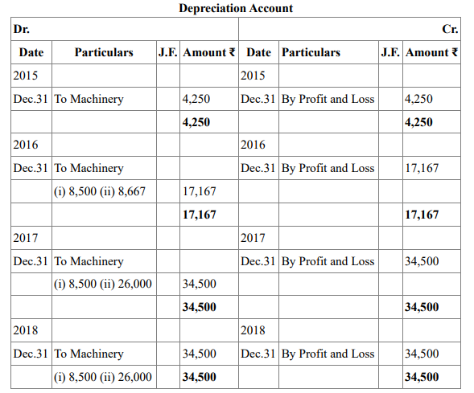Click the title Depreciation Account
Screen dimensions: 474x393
(x=236, y=8)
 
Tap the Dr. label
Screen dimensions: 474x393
(x=22, y=29)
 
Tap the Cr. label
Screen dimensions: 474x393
(x=450, y=29)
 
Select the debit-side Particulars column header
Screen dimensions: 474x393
(x=104, y=52)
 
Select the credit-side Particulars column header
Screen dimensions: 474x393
(x=311, y=52)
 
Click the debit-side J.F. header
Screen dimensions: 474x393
(x=167, y=52)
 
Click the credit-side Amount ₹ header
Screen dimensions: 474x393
(x=431, y=52)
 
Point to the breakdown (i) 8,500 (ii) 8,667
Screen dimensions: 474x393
(x=100, y=191)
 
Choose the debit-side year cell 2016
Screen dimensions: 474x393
(x=26, y=145)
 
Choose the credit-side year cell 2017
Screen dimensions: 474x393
(x=253, y=238)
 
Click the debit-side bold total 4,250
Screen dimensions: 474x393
(x=196, y=122)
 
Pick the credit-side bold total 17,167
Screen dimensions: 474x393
(x=422, y=215)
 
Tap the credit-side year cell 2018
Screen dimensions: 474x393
(x=253, y=330)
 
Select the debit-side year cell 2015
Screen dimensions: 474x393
(x=26, y=76)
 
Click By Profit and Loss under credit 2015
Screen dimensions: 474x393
(x=328, y=99)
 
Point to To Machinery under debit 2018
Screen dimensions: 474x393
(x=89, y=354)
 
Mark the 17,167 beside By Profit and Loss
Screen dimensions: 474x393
(x=422, y=168)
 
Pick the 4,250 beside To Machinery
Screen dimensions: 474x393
(x=196, y=99)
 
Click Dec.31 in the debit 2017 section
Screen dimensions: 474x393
(x=31, y=261)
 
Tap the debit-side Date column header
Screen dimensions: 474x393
(x=31, y=52)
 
